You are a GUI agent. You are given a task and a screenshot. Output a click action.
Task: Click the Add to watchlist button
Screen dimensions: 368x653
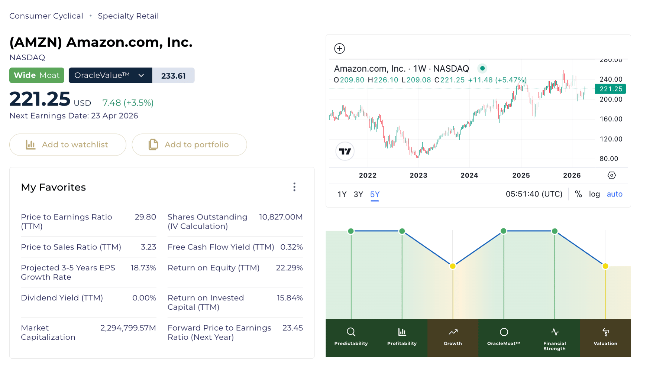68,145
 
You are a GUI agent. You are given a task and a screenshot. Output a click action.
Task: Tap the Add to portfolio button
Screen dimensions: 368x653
189,145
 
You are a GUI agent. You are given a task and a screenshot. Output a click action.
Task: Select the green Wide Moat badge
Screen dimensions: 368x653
37,75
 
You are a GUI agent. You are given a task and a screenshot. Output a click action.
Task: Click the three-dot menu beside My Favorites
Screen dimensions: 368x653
294,187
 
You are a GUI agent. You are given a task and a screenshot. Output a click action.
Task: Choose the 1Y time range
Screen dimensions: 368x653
342,194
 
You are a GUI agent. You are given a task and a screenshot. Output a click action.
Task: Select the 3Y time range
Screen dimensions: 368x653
358,194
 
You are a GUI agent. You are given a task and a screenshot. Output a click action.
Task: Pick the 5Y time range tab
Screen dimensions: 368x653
375,194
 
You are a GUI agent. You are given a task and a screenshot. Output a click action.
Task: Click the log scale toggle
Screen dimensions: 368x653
594,194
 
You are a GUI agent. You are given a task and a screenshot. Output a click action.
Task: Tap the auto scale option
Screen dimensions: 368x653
614,194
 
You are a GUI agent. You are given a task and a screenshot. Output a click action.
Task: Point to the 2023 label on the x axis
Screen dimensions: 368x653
418,175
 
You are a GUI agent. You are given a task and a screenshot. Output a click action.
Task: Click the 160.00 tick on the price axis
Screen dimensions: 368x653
611,119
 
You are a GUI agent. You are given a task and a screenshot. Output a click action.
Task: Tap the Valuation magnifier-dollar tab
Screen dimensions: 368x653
605,337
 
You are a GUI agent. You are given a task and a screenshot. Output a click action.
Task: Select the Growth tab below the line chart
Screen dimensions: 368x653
453,337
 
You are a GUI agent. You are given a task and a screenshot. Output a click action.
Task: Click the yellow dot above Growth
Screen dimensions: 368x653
453,266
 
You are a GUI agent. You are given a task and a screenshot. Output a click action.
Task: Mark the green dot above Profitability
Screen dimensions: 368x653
402,231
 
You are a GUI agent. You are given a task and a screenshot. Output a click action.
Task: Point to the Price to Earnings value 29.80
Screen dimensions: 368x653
145,217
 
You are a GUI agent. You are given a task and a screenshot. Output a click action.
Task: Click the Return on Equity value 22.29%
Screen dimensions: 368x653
289,268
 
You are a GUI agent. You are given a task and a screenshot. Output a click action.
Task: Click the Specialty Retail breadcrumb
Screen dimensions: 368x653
128,16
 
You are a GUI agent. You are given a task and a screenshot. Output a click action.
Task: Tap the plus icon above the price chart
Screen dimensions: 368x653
339,49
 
